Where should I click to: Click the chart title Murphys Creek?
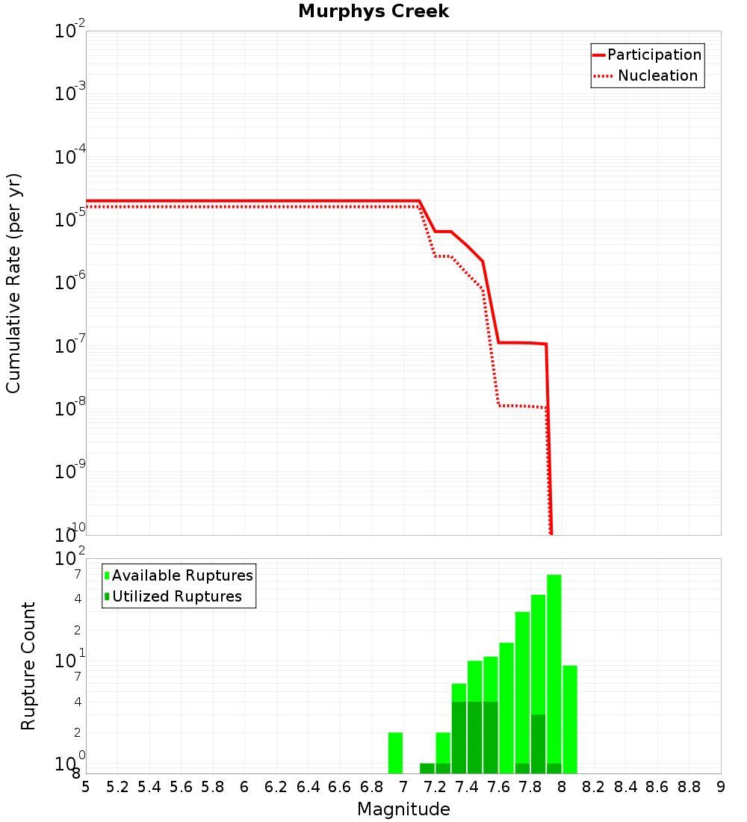373,11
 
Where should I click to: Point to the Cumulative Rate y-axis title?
13,283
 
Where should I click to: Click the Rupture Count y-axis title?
28,666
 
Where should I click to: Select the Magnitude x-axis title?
403,809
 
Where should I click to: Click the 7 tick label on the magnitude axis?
403,787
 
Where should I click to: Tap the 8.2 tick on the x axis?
594,787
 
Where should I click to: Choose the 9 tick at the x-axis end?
721,787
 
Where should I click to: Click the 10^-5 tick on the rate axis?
70,220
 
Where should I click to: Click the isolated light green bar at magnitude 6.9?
395,753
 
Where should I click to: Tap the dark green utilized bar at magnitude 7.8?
538,744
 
